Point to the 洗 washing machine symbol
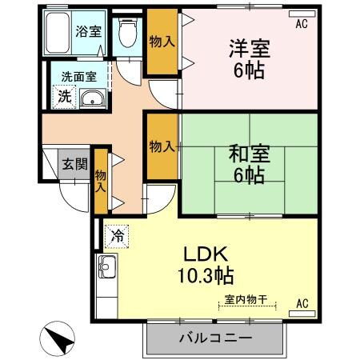pos(62,96)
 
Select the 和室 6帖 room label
pos(246,164)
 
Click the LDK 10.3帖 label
pos(207,266)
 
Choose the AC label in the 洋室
pos(301,25)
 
